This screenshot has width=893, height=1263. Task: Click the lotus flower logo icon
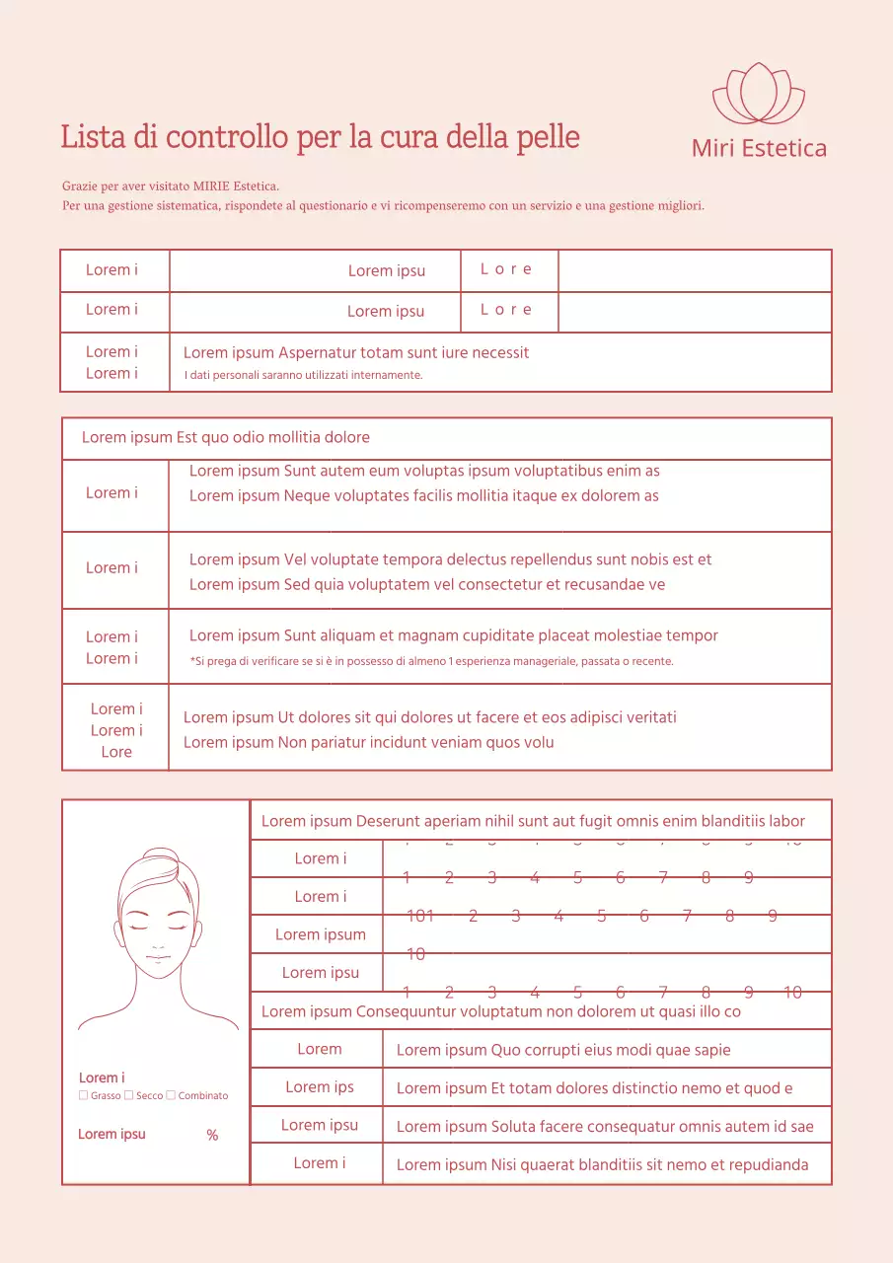(759, 93)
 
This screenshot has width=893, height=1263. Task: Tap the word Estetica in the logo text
(783, 149)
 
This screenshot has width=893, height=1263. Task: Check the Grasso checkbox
(83, 1095)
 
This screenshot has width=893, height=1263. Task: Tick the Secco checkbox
(128, 1095)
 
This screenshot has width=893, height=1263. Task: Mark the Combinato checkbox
(171, 1095)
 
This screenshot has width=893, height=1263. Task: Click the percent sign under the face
(212, 1136)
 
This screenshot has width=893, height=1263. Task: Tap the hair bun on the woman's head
(159, 859)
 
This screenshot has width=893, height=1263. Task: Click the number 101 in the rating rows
(420, 916)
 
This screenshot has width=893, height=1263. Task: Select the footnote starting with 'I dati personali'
(303, 375)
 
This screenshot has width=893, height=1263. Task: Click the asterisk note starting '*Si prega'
(431, 661)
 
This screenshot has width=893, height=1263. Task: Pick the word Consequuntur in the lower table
(407, 1011)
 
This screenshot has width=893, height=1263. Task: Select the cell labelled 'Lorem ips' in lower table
(319, 1087)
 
